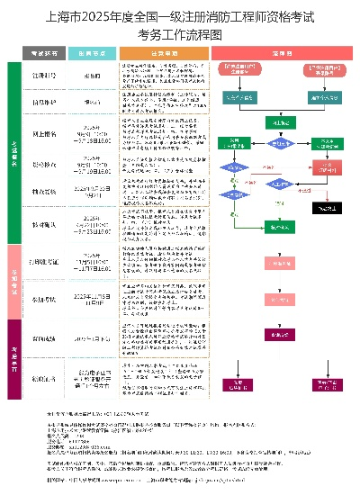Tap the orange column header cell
(x=163, y=54)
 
